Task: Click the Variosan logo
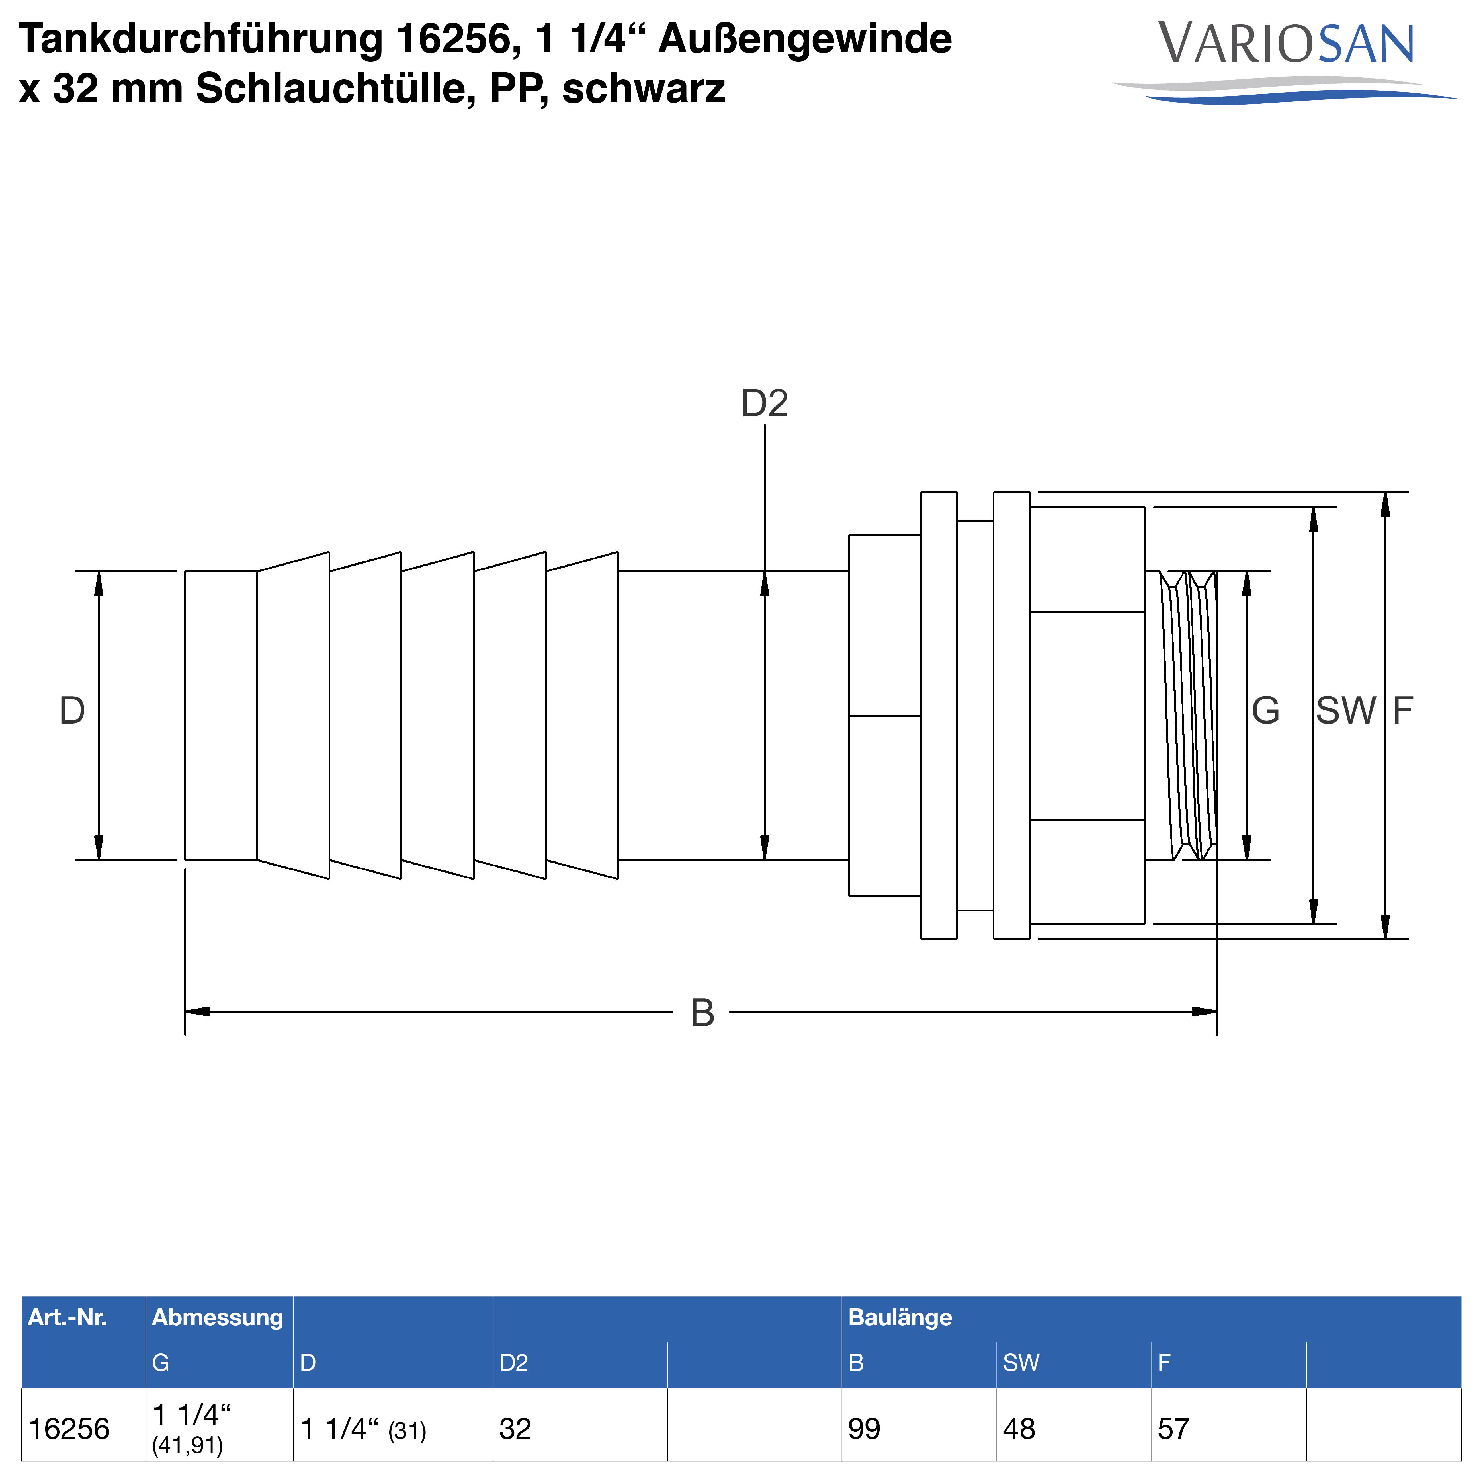(x=1286, y=62)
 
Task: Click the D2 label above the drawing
(x=765, y=404)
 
